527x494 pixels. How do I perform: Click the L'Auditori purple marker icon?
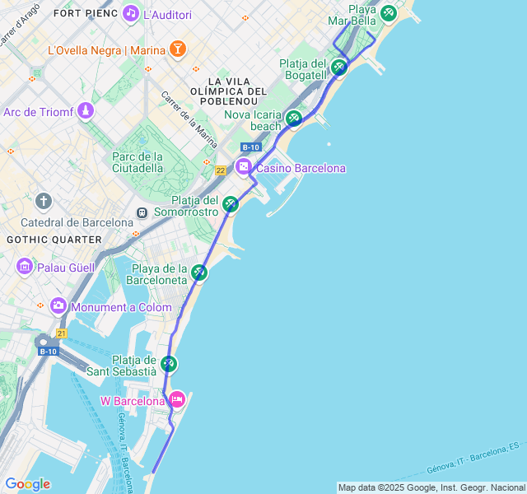(130, 14)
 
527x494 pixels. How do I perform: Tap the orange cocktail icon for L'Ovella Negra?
(177, 49)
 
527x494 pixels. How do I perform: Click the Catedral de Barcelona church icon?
(44, 201)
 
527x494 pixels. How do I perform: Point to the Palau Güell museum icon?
(24, 267)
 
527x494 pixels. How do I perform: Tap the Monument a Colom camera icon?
(58, 306)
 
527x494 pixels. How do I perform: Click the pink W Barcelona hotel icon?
(177, 400)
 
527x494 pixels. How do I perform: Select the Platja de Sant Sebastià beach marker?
(169, 363)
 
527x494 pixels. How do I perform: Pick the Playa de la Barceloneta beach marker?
(199, 272)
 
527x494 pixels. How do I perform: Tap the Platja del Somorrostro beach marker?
(231, 203)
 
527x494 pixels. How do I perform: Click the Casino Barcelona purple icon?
(244, 167)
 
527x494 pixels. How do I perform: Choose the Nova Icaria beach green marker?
(294, 119)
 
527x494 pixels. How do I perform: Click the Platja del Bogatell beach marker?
(338, 67)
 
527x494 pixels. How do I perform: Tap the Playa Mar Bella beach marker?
(389, 12)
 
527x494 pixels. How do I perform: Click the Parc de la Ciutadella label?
(138, 161)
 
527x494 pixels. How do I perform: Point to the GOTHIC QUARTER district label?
(54, 239)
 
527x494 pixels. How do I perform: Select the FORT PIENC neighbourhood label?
(85, 13)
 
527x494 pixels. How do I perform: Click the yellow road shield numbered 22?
(220, 170)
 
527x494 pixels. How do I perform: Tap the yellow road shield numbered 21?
(61, 333)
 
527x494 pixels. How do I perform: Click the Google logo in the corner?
(27, 483)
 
